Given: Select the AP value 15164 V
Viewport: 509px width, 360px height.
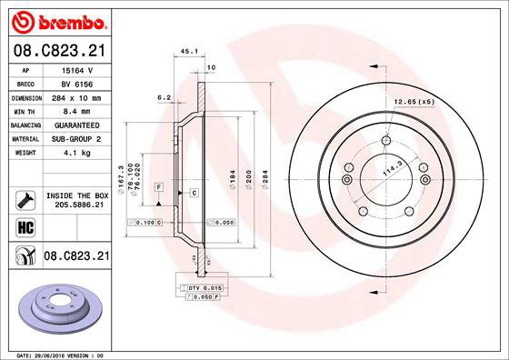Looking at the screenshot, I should click(x=75, y=70).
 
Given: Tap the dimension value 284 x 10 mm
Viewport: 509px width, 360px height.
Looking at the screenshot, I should click(x=76, y=97).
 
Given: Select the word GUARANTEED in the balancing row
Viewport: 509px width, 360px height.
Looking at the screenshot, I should click(x=76, y=125).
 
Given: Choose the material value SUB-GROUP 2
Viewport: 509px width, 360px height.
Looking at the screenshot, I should click(x=76, y=138).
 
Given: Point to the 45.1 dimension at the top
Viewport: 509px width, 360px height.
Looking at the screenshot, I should click(x=189, y=52).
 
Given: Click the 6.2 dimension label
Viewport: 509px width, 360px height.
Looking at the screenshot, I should click(x=165, y=96).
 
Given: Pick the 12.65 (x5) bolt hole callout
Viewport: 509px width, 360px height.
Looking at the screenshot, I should click(x=413, y=101).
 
